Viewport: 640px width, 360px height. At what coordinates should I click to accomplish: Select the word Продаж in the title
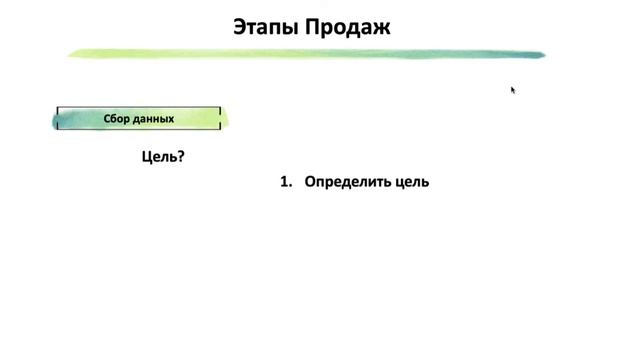[349, 27]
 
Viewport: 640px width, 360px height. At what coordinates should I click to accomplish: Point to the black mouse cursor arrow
[513, 89]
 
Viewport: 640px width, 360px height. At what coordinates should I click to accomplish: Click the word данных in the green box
[154, 118]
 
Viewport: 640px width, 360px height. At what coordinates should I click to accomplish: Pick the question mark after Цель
[181, 156]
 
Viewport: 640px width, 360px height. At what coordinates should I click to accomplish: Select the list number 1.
[284, 182]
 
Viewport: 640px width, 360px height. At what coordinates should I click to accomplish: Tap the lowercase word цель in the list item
[413, 182]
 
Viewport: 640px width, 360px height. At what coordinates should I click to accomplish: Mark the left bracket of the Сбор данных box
[58, 118]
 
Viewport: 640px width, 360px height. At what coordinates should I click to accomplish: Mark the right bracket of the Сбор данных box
[219, 118]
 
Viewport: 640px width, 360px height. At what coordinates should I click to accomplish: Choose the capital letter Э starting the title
[240, 27]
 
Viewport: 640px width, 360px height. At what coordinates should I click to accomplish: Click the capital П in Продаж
[317, 27]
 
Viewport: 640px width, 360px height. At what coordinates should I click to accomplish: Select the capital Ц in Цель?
[147, 156]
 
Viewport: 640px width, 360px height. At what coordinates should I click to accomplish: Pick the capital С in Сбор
[107, 118]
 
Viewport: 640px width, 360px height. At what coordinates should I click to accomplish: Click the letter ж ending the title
[383, 27]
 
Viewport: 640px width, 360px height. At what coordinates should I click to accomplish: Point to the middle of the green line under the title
[306, 53]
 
